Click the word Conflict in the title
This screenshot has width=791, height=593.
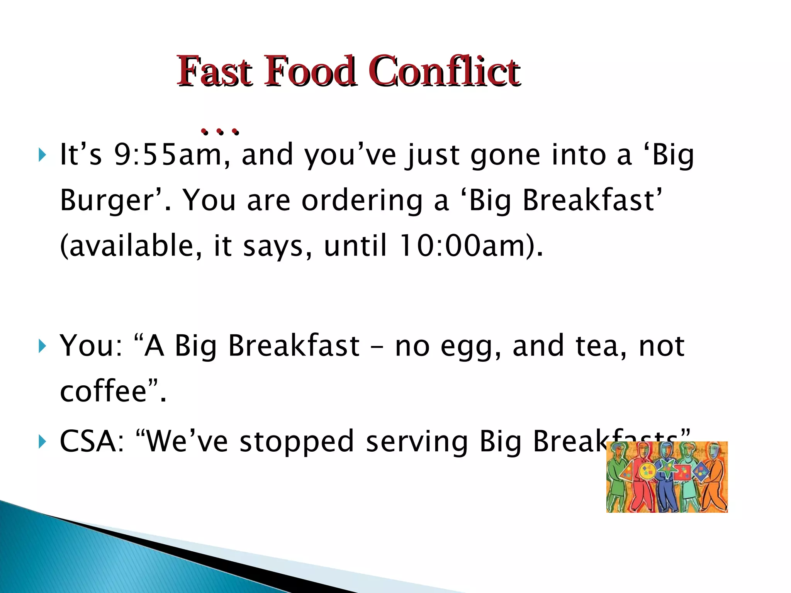(444, 71)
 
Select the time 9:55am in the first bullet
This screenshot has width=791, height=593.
(168, 155)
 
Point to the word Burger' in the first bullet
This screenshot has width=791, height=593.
(110, 201)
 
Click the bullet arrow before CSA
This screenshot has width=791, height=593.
(42, 441)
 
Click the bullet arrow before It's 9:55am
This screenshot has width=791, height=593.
(42, 156)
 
